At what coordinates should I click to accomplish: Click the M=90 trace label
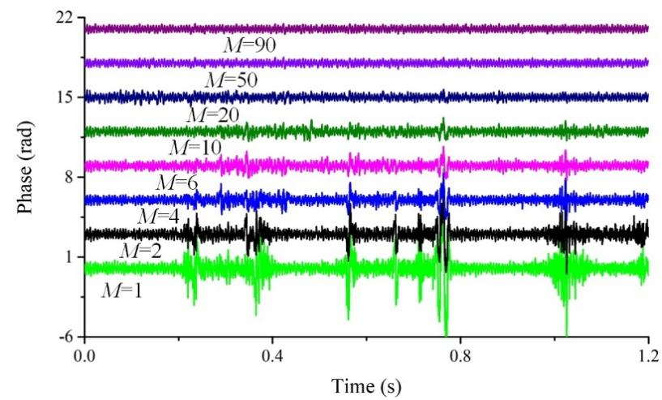[x=250, y=45]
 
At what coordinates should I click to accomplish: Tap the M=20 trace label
[x=212, y=115]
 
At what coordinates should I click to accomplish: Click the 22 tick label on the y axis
[x=67, y=18]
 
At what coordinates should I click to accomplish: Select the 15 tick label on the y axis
[x=67, y=97]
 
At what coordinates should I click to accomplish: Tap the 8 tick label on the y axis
[x=71, y=177]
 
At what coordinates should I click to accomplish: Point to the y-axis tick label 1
[x=71, y=257]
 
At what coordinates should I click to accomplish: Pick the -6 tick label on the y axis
[x=67, y=337]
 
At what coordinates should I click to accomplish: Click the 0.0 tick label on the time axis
[x=85, y=355]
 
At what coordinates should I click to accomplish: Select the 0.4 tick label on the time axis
[x=272, y=355]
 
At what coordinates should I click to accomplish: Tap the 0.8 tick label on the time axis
[x=460, y=355]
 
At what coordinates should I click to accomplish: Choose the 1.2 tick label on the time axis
[x=647, y=355]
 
